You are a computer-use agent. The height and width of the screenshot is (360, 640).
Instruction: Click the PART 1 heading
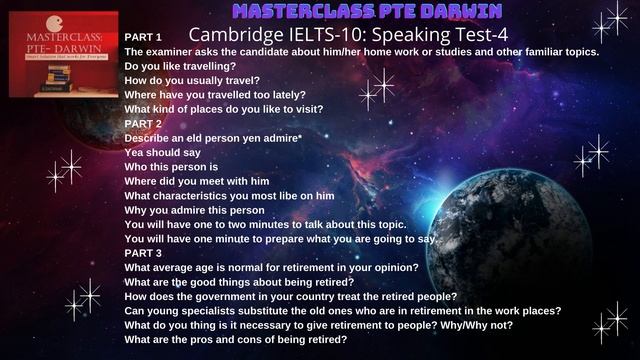143,36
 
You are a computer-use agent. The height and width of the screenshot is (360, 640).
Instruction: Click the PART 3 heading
143,253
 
